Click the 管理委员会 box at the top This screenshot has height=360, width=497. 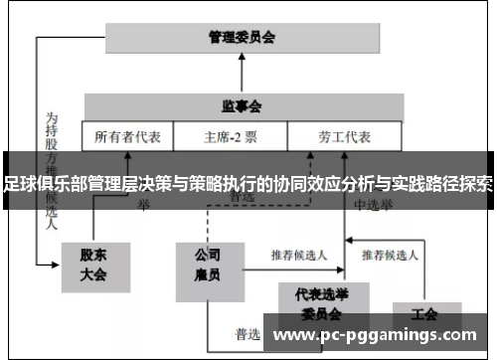tap(242, 37)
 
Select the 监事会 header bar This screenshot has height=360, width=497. tap(242, 104)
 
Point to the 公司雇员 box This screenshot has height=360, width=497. tap(207, 267)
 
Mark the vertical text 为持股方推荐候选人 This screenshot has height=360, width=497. tap(51, 164)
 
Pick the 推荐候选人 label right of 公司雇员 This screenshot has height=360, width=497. tap(301, 254)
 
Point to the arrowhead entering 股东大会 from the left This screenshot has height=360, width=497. tap(57, 265)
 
